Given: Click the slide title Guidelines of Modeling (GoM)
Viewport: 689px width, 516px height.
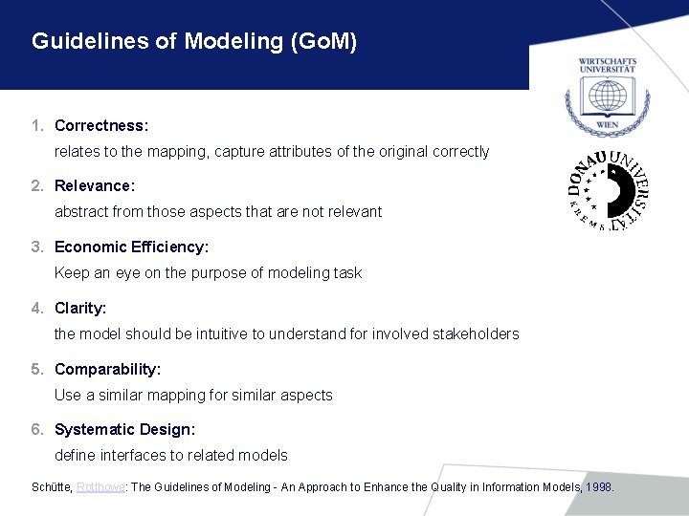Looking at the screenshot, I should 194,42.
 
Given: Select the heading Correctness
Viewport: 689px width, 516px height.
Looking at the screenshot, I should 101,125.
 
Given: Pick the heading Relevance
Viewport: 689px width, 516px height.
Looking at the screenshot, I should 95,185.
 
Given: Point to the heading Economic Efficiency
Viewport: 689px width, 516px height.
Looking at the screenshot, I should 131,247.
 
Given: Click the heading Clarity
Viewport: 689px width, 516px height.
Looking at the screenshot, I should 80,308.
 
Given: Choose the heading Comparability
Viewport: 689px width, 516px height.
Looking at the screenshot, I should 107,369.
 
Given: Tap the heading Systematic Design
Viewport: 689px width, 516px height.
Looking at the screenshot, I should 124,429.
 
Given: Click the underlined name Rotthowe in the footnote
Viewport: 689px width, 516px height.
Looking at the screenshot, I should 100,487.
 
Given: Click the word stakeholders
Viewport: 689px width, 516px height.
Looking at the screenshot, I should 477,334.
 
